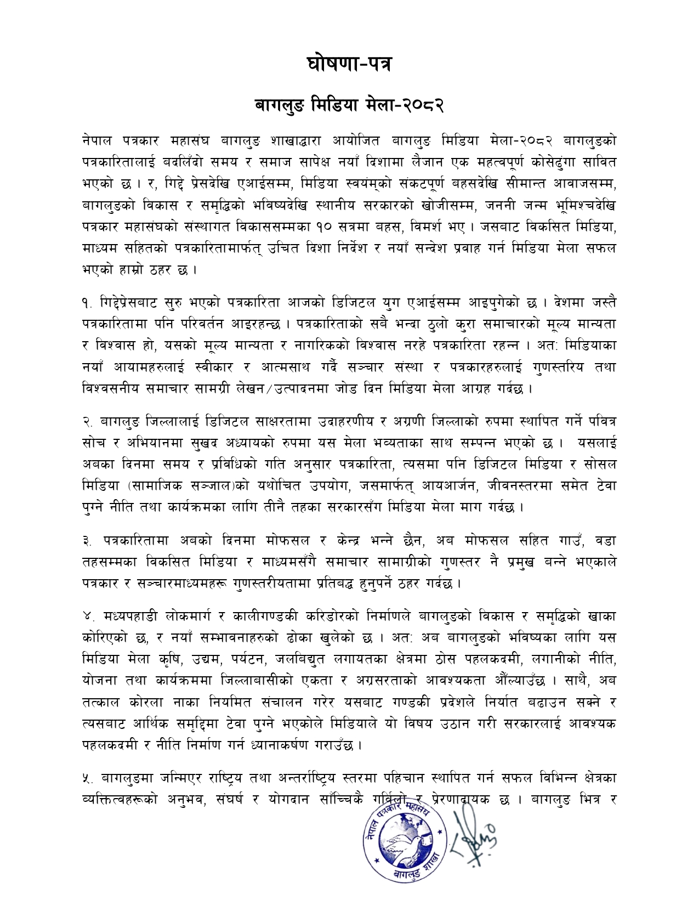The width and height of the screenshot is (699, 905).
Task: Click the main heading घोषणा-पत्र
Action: (x=349, y=64)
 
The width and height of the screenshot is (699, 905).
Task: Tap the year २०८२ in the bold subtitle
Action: (x=423, y=104)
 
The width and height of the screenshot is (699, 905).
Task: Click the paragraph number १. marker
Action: (x=87, y=303)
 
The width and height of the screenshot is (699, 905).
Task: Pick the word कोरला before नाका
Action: (x=147, y=703)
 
